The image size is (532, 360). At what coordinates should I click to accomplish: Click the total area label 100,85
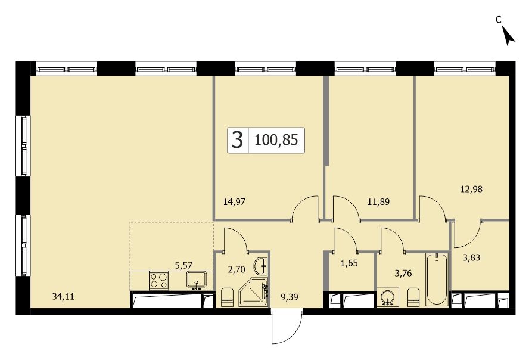point(276,140)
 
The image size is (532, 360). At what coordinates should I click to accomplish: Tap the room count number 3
point(238,140)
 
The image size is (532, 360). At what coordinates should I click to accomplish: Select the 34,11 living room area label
point(63,297)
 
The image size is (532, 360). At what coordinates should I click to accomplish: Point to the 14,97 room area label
point(234,202)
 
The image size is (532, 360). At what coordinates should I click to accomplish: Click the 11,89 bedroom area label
point(378,202)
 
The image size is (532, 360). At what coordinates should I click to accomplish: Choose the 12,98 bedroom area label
point(471,189)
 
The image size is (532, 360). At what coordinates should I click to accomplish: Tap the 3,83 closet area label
point(471,257)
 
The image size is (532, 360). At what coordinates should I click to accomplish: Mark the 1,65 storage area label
point(349,263)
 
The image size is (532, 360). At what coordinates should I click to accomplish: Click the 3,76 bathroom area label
point(403,273)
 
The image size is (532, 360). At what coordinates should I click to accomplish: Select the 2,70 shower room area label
point(236,270)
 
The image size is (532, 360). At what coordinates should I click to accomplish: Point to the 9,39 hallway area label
point(289,297)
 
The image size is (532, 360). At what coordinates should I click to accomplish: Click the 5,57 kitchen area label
point(183,265)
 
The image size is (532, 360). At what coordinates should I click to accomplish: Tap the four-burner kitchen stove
point(159,281)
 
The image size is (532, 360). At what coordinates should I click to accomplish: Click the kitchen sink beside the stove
point(196,280)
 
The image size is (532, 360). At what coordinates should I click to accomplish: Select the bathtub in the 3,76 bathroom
point(437,279)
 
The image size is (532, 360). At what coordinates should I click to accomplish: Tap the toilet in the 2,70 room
point(227,297)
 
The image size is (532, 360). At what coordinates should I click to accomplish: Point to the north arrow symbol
point(508,36)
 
